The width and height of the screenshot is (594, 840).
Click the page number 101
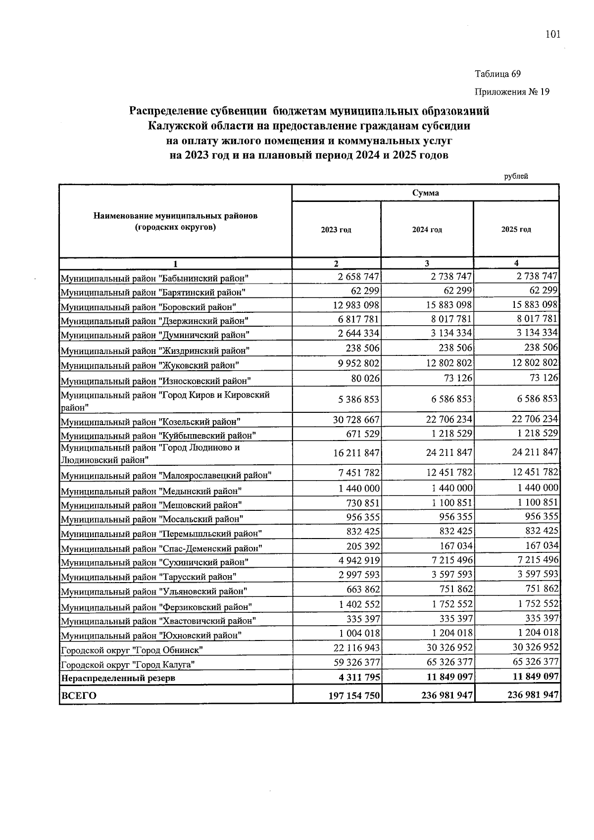coord(552,34)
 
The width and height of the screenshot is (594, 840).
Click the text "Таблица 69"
coord(497,74)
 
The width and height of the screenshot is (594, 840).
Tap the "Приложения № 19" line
coord(512,92)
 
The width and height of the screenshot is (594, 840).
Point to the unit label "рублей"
coord(516,176)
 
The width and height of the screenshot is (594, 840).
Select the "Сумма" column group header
coord(425,193)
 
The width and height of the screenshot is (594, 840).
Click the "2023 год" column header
coord(336,230)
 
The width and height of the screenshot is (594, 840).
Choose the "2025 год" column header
coord(516,230)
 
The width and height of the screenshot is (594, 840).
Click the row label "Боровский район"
coord(148,307)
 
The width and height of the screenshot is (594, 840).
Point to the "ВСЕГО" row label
coord(78,695)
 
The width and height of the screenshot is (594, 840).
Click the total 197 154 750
coord(354,695)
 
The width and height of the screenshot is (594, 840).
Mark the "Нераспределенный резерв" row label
coord(117,678)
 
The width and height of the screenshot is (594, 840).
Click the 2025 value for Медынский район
coord(537,488)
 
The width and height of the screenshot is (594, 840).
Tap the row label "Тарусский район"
coord(148,577)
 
